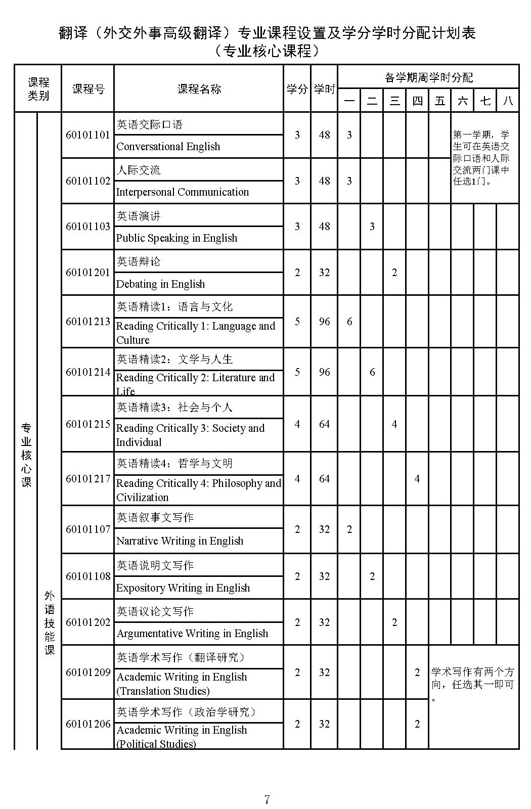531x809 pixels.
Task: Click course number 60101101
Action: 87,135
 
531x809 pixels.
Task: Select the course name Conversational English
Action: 168,147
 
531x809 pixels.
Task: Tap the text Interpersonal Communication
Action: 182,192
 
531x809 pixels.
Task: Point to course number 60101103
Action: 87,227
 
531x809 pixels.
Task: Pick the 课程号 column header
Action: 88,89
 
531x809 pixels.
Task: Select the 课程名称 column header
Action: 199,89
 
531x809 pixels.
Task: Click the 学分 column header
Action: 297,89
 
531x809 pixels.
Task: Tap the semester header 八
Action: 508,101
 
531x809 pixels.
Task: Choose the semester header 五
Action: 440,101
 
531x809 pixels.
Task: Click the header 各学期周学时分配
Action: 428,77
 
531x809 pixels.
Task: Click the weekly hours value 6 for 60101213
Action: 349,322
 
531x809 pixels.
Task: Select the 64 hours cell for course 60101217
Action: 324,479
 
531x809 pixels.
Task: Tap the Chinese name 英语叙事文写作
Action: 155,517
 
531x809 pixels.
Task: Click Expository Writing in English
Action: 183,588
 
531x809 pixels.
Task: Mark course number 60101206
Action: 87,724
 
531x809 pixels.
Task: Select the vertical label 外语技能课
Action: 49,623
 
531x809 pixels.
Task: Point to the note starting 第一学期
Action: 481,158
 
